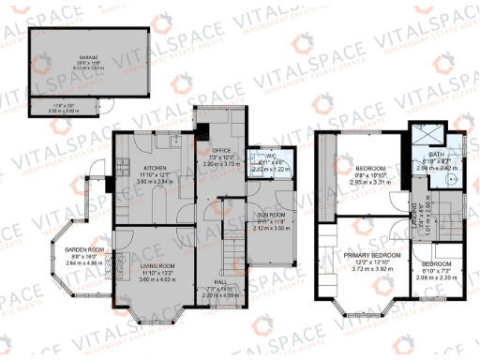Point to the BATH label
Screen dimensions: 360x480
(435, 156)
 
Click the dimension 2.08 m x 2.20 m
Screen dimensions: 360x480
(435, 278)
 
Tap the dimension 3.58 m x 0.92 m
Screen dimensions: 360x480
(65, 111)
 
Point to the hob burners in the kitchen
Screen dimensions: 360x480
(121, 169)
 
